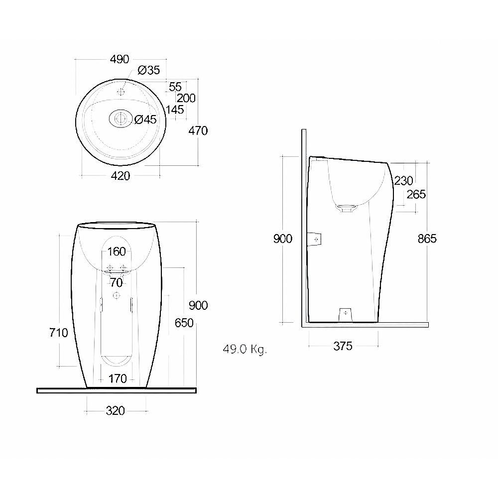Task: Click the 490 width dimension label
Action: (x=120, y=59)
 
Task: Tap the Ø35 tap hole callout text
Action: (x=148, y=70)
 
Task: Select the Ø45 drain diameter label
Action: (x=145, y=120)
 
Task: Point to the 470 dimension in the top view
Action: (x=198, y=130)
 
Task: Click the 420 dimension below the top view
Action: (x=121, y=176)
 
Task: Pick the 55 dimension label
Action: (x=175, y=87)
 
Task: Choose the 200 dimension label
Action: (x=186, y=98)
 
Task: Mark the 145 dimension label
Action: (x=175, y=110)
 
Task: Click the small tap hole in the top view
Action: (x=121, y=92)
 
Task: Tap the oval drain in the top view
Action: (x=121, y=119)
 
